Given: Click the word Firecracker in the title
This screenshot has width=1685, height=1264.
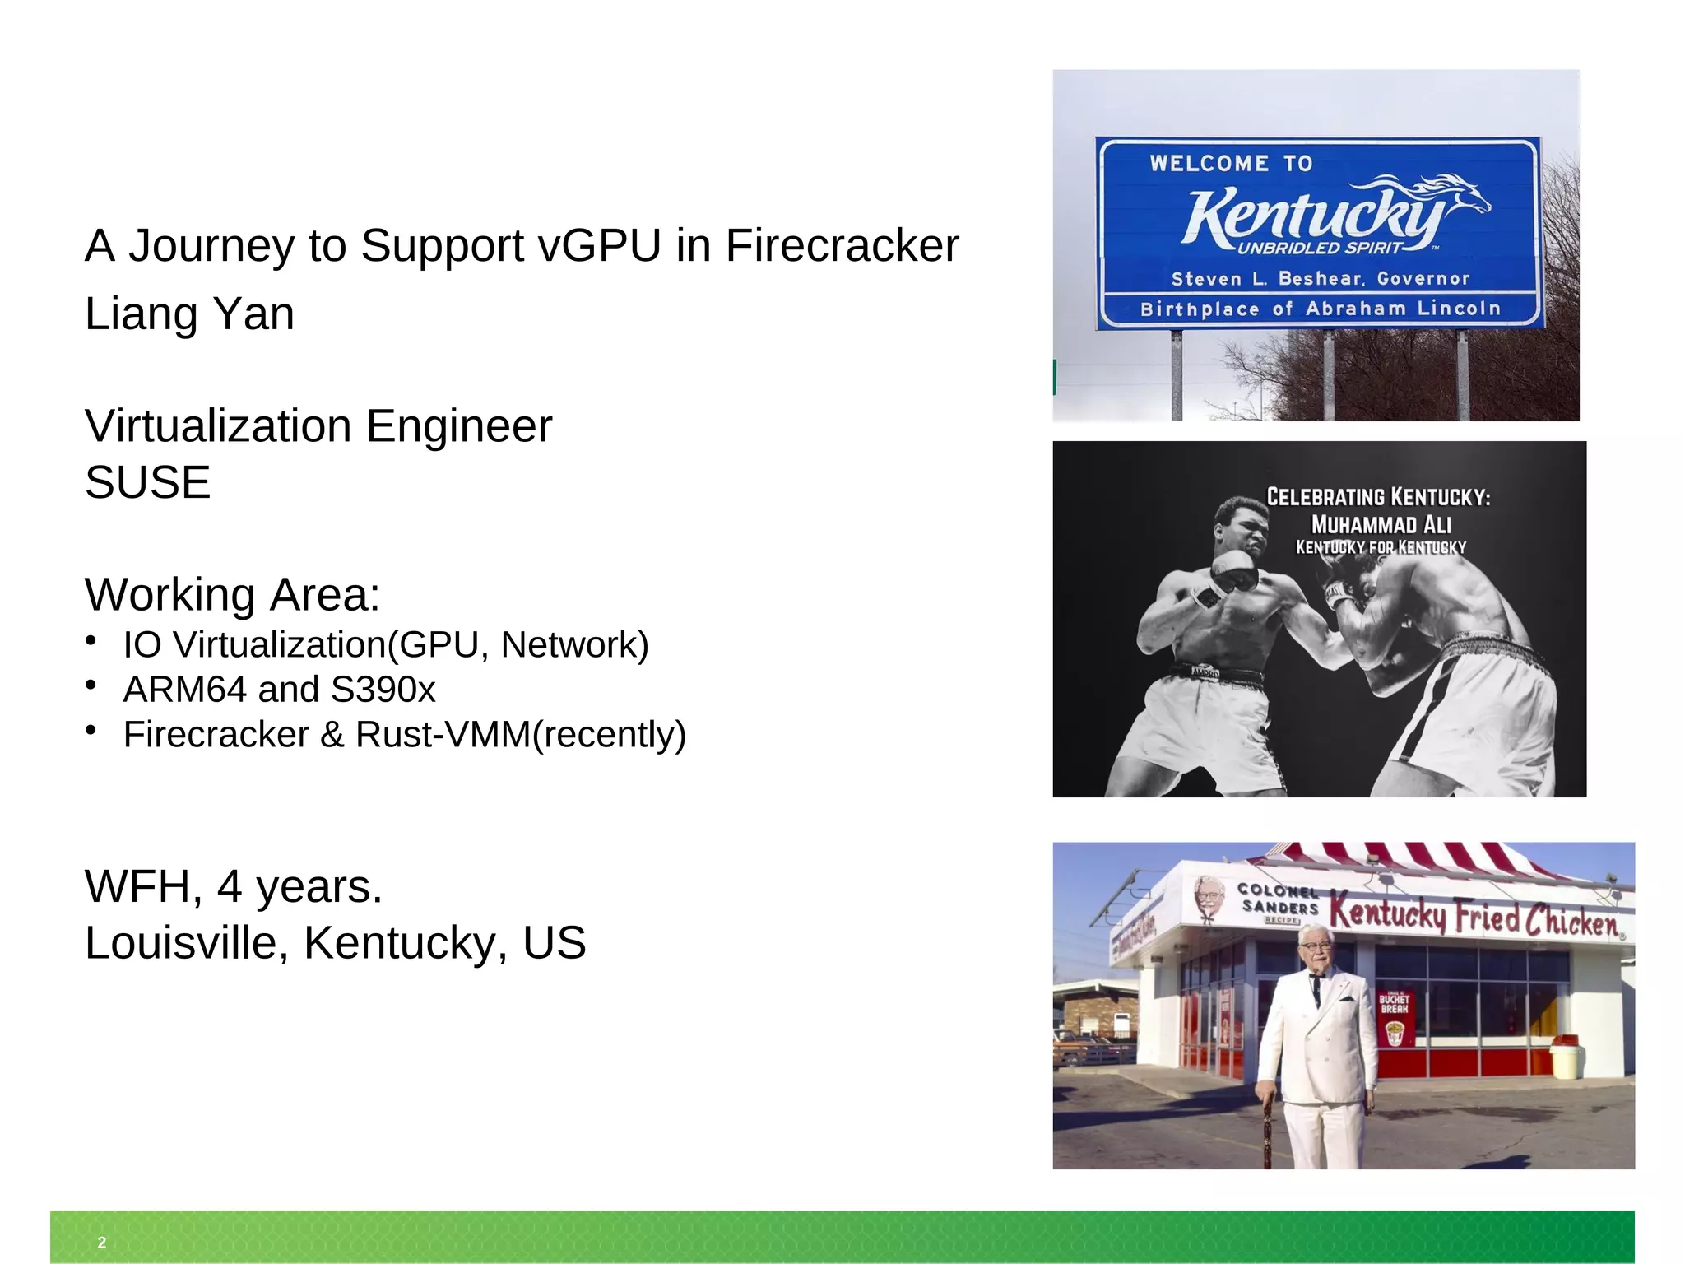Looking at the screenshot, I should click(x=842, y=245).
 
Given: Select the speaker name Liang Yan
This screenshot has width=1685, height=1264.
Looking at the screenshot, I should click(x=189, y=314).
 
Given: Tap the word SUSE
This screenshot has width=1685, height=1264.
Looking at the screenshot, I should click(x=148, y=481).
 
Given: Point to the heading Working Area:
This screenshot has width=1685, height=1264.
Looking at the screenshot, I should click(x=232, y=594).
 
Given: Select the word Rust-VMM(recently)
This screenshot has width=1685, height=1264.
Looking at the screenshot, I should click(x=521, y=734).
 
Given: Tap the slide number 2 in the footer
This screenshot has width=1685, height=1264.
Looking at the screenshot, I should click(x=102, y=1243).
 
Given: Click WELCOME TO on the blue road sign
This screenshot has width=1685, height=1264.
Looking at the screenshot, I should click(x=1231, y=163).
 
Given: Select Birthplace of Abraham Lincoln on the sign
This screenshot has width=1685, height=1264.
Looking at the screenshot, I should click(x=1320, y=309).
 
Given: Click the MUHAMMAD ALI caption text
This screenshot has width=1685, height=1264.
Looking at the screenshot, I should click(x=1381, y=524).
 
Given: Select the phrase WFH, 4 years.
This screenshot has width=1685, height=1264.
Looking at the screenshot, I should click(x=234, y=886).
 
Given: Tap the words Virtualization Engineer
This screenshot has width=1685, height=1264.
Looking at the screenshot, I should click(x=318, y=426).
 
